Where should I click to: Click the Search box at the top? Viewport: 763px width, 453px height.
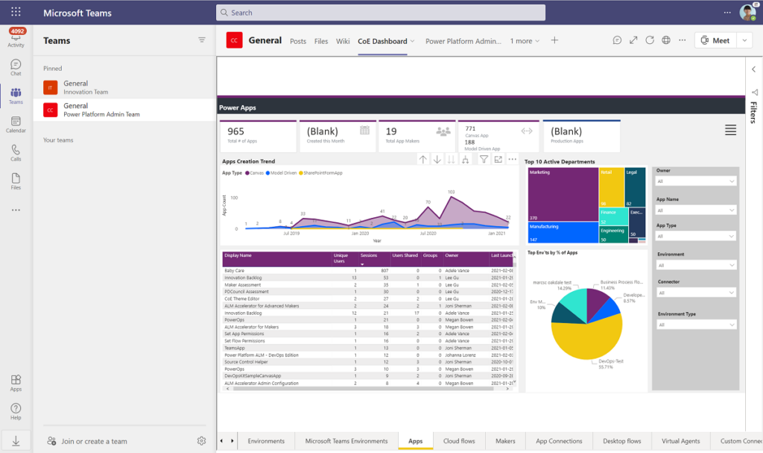click(380, 13)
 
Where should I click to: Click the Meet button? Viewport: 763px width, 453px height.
click(715, 40)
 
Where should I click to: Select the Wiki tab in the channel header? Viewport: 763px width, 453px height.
click(343, 41)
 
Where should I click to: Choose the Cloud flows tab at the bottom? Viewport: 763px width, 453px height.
click(459, 441)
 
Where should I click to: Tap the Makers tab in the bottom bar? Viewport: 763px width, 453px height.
click(505, 441)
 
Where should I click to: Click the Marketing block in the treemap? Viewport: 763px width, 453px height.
click(563, 194)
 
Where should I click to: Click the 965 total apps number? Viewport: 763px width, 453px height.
click(236, 131)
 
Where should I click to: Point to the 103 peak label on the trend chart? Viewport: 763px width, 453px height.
click(451, 192)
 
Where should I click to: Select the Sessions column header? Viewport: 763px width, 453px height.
click(369, 255)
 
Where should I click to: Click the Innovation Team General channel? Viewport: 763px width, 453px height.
click(76, 87)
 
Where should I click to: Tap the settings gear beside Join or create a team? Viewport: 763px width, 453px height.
click(201, 441)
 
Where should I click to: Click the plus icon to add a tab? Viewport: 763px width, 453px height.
click(554, 40)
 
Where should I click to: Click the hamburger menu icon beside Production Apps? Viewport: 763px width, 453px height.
click(730, 131)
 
